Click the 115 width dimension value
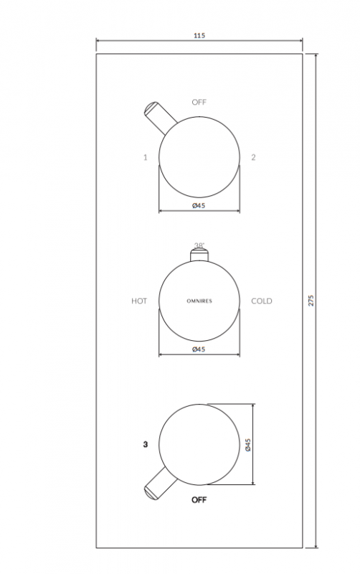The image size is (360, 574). point(199,35)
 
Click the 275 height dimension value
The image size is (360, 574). point(311,300)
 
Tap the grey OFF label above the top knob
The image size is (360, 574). point(199,102)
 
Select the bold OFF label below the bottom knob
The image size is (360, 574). point(199,499)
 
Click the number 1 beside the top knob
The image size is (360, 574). point(146,157)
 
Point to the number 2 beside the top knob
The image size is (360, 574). point(253,157)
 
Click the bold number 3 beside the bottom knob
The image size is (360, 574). point(146,444)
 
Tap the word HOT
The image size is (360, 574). point(139,301)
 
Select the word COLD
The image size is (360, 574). point(262,301)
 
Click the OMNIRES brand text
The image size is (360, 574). point(199,301)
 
